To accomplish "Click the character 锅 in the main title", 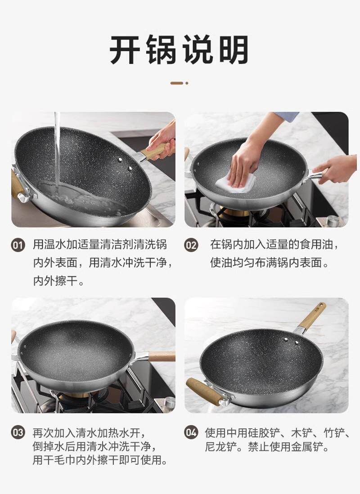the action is (161, 50).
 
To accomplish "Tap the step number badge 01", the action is (18, 245).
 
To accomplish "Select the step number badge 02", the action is (191, 245).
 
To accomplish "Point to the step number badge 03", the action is (18, 432).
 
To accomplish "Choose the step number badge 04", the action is (191, 432).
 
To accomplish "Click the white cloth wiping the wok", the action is (236, 183).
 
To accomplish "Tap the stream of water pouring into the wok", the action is (57, 151).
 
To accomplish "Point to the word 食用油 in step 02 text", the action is (311, 244).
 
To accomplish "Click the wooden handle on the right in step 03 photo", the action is (162, 356).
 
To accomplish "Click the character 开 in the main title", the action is (125, 50).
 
